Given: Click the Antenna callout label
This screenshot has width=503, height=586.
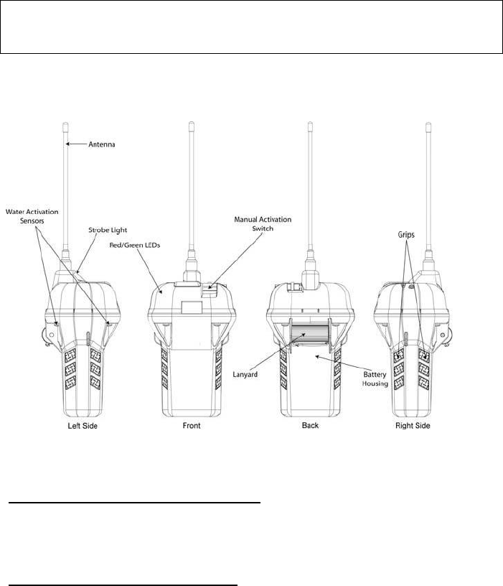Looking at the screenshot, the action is click(101, 144).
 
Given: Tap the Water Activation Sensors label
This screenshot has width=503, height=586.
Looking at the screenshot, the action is click(32, 216).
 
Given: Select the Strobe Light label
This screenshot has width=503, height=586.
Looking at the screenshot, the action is click(108, 230).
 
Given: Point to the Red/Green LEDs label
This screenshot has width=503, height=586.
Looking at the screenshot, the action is click(134, 245).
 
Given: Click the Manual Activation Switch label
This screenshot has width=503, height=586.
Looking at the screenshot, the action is click(263, 223).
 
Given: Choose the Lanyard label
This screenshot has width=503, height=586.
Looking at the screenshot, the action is click(245, 374).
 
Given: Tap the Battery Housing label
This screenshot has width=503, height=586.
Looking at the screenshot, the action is click(375, 378).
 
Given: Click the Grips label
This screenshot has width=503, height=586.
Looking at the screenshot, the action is click(406, 235).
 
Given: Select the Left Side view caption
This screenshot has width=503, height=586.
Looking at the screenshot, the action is click(83, 426).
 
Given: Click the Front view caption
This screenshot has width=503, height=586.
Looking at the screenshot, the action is click(192, 425).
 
